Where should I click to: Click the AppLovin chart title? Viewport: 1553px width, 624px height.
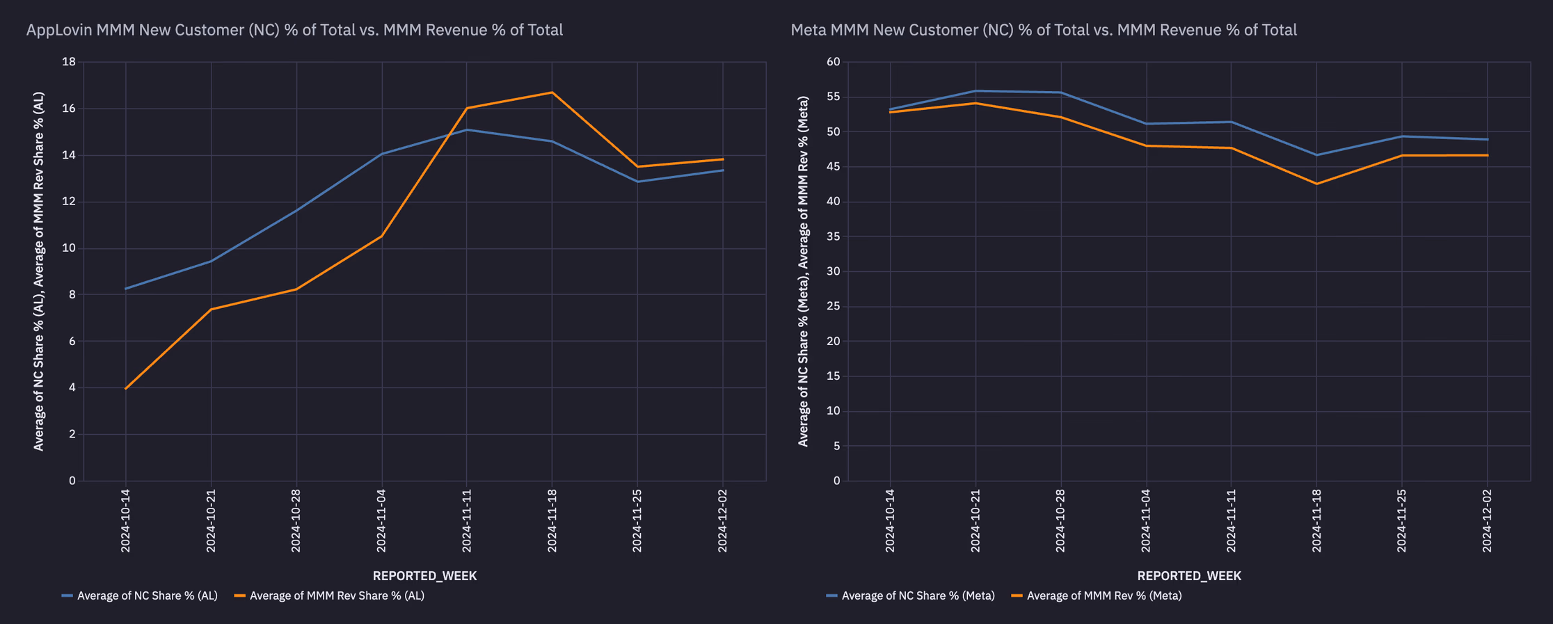pos(294,30)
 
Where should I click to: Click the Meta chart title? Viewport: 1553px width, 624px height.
pos(1043,30)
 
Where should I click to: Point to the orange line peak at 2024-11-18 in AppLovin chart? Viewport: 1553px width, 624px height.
pos(552,93)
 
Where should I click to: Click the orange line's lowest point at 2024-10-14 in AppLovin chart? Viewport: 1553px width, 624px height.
pos(125,389)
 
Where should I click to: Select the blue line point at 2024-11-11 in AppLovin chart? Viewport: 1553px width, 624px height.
pos(467,129)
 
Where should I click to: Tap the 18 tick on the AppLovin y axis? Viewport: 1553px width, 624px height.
pos(69,62)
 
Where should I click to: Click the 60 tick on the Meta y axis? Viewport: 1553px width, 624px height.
pos(834,62)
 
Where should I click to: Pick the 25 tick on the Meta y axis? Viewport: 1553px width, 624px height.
pos(834,306)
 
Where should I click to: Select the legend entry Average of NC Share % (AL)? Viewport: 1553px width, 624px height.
pos(147,595)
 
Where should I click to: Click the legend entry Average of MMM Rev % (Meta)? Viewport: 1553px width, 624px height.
pos(1104,595)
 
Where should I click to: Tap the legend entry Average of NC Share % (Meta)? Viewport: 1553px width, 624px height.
pos(918,595)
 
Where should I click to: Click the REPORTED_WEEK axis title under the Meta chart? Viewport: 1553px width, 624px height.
pos(1189,575)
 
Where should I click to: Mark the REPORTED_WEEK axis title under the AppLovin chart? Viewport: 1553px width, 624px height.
pos(424,575)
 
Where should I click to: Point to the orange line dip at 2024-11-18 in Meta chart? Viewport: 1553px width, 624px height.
pos(1316,184)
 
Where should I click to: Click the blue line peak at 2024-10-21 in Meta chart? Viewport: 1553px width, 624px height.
pos(975,90)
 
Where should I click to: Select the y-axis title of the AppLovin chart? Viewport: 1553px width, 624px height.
pos(39,271)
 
